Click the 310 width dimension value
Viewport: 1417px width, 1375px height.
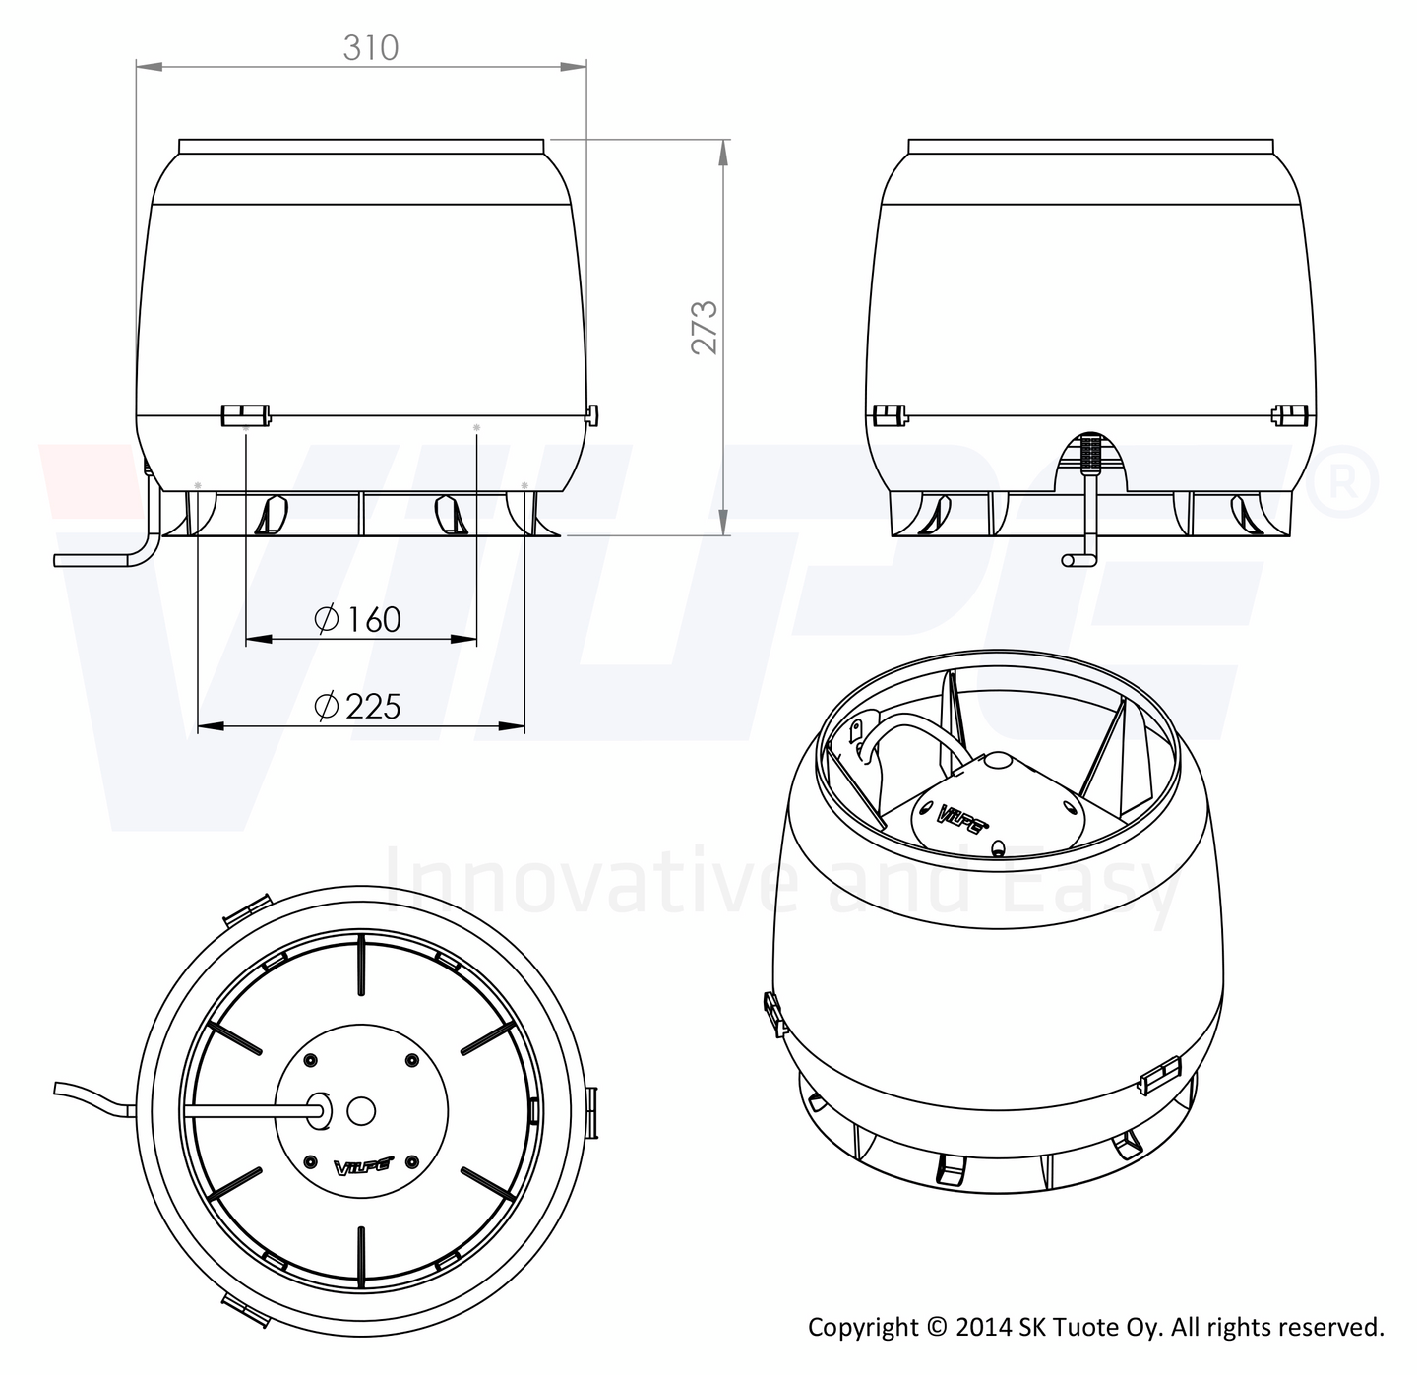[370, 47]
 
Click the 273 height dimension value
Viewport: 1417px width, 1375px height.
[705, 326]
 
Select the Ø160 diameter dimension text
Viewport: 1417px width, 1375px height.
[358, 619]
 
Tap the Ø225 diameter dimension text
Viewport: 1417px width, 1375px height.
[357, 706]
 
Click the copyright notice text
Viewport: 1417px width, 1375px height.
[1095, 1327]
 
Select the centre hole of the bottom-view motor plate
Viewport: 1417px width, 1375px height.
[361, 1110]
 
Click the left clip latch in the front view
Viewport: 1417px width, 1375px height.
[245, 414]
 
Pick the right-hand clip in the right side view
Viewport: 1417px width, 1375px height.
[1288, 414]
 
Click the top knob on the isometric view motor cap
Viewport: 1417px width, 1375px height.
[996, 761]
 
